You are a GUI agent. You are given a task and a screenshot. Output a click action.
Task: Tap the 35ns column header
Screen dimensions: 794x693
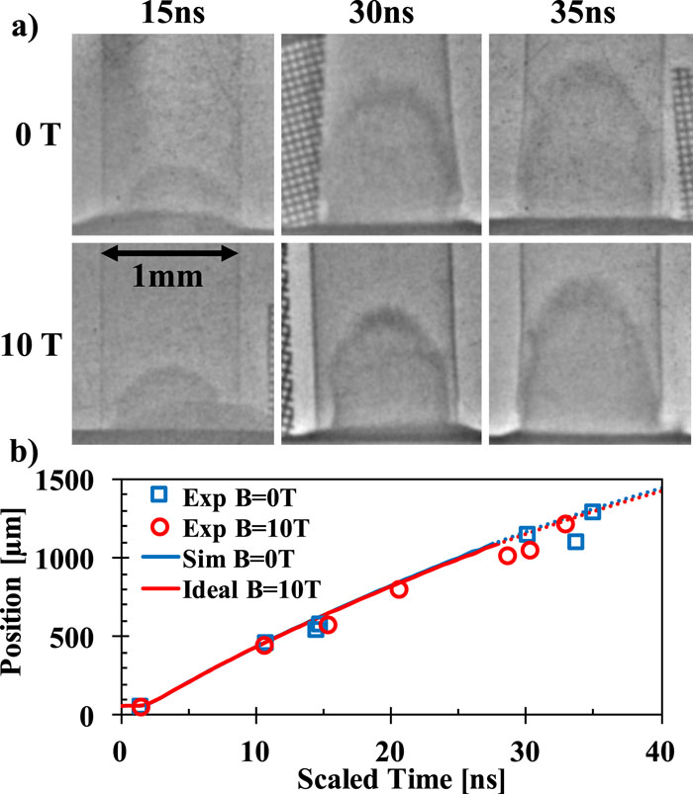(x=579, y=17)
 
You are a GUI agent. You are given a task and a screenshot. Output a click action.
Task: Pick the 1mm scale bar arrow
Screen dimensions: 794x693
(x=169, y=254)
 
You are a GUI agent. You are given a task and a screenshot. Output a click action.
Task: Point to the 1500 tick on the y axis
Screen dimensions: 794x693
(x=82, y=482)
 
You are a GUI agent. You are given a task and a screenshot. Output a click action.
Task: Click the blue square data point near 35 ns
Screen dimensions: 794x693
(x=592, y=511)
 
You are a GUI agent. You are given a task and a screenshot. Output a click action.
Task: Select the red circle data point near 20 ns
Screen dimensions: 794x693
(x=399, y=589)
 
